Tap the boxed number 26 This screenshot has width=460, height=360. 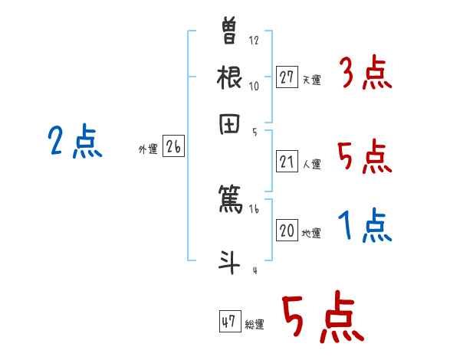(x=173, y=147)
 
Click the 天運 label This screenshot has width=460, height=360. (x=311, y=80)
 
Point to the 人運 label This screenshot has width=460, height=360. (x=311, y=164)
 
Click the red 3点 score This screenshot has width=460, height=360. (x=364, y=75)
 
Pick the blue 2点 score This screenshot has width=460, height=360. (x=75, y=142)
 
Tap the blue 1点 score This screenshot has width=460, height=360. (x=364, y=226)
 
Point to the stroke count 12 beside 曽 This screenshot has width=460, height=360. (x=255, y=41)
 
